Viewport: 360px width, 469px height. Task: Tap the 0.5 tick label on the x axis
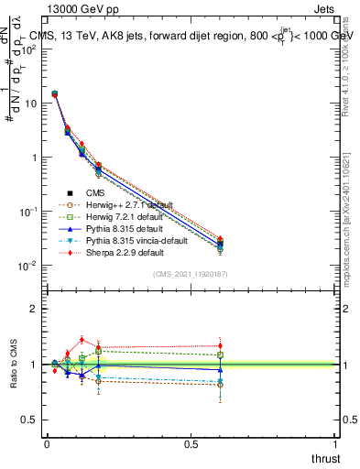191,443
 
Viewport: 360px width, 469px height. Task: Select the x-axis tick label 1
335,443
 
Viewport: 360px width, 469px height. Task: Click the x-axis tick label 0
47,443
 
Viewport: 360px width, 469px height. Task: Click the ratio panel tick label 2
34,309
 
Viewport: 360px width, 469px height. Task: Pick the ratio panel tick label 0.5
30,420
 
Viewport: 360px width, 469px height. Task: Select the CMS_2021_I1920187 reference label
190,274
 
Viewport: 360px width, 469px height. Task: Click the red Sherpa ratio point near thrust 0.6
220,346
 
